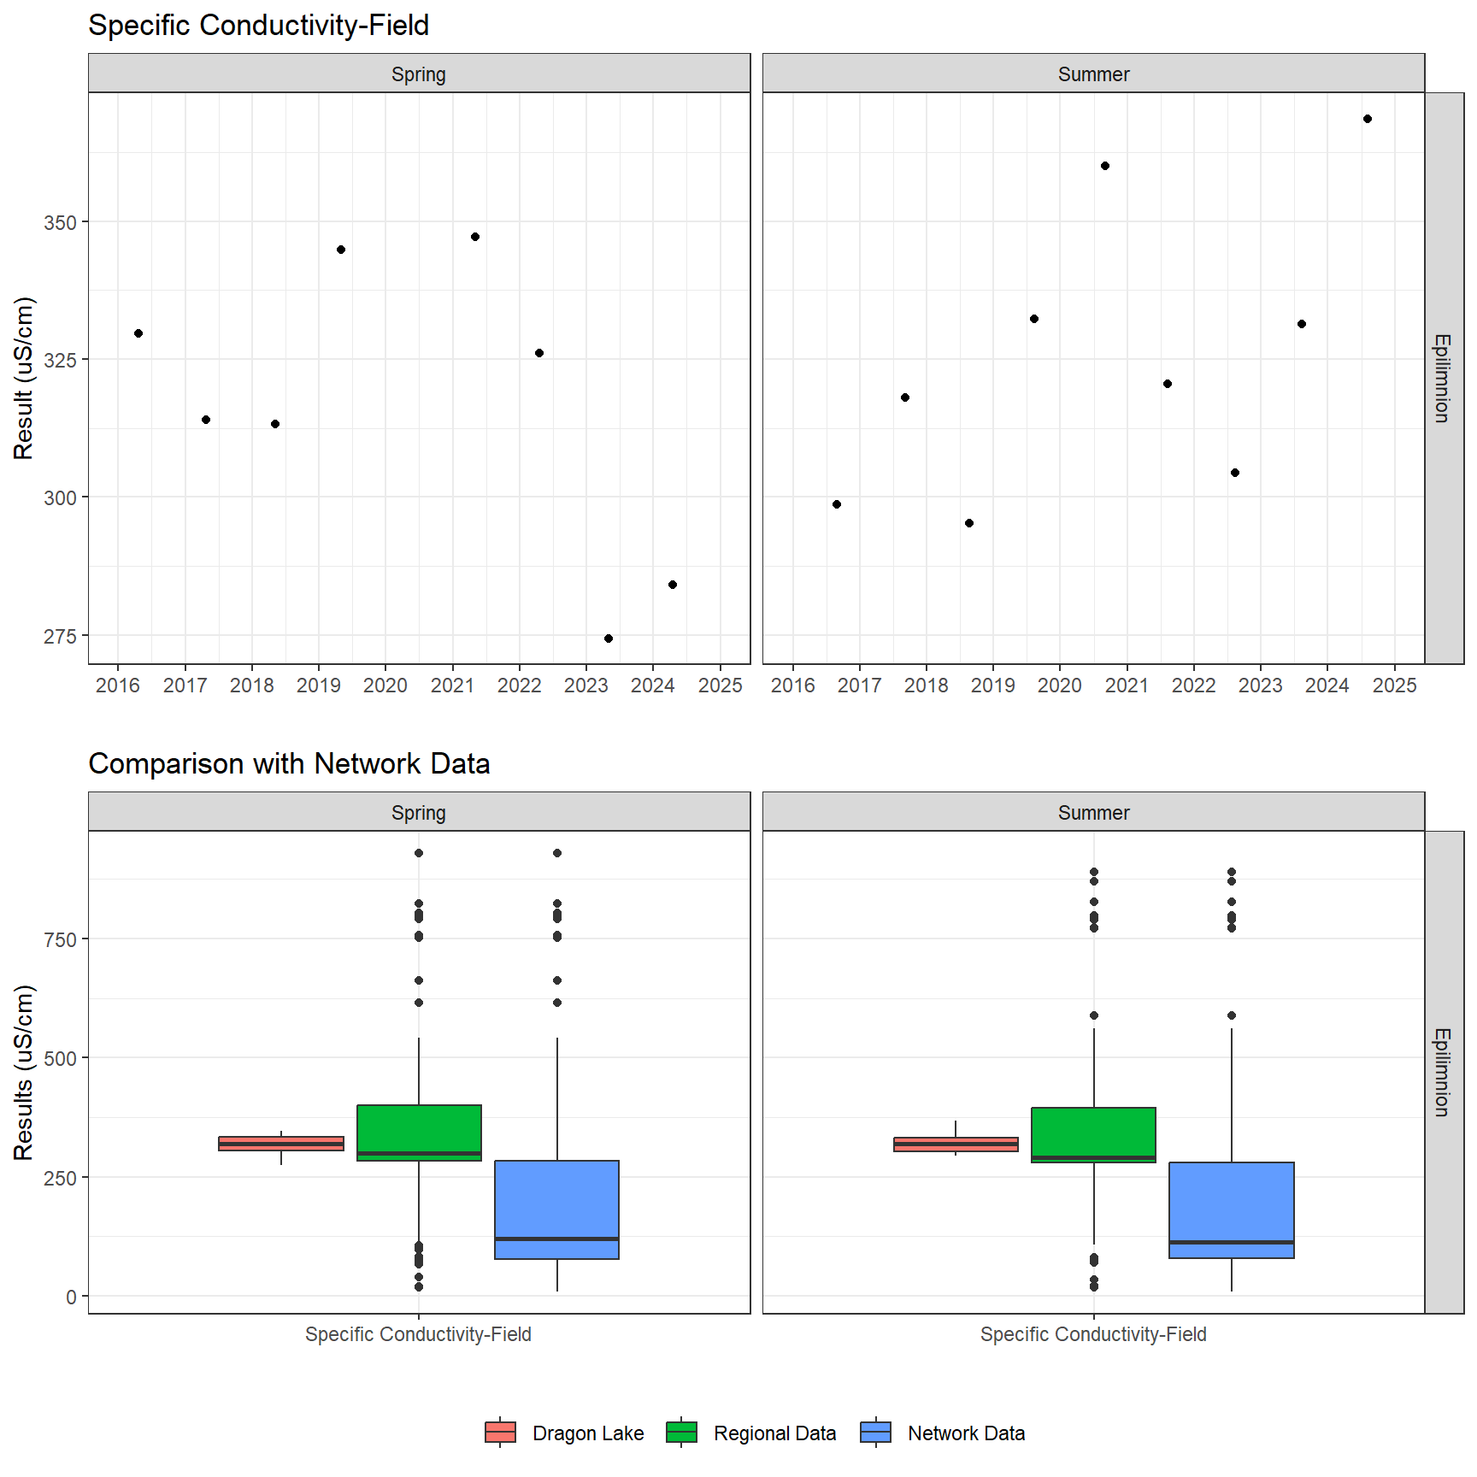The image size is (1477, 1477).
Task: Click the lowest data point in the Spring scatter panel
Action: coord(609,638)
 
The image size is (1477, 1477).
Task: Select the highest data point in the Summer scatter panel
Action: coord(1368,119)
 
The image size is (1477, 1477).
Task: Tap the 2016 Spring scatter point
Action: coord(138,333)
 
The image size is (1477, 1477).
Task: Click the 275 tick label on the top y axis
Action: coord(60,637)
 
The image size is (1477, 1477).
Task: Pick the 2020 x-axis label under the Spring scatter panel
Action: coord(385,686)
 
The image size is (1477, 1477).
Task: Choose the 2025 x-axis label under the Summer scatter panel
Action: coord(1394,686)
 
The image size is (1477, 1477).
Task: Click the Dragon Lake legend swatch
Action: coord(500,1433)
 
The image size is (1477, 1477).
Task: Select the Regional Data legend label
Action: coord(774,1433)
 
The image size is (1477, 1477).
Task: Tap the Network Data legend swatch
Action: coord(876,1433)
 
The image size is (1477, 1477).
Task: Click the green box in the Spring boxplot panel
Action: coord(419,1132)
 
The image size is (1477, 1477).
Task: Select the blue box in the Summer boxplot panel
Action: coord(1232,1209)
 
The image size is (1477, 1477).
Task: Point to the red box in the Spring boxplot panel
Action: coord(281,1144)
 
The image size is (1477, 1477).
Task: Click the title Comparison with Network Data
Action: coord(289,763)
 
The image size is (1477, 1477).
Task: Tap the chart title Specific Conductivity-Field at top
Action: coord(258,26)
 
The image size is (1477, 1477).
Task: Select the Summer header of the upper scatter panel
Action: coord(1093,74)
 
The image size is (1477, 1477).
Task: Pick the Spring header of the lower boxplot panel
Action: coord(419,813)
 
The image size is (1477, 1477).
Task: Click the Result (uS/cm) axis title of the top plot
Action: coord(23,378)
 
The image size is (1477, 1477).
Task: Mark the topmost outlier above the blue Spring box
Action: coord(557,853)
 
